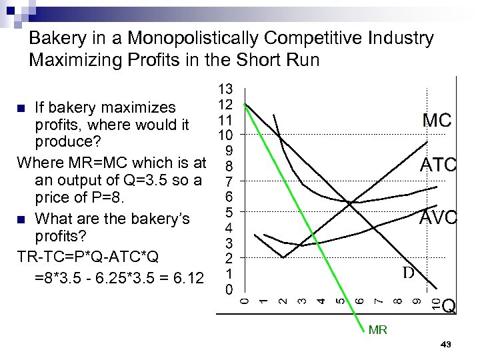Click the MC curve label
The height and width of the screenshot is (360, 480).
pos(437,121)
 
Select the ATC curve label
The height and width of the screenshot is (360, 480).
pos(437,165)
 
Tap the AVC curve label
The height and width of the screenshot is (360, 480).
pos(437,217)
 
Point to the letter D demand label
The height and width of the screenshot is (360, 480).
pos(408,273)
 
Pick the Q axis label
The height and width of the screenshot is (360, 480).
pos(449,305)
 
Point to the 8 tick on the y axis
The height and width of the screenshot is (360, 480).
pos(228,166)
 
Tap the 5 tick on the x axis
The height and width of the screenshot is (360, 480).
pos(341,302)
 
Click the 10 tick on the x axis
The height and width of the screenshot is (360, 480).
pos(435,304)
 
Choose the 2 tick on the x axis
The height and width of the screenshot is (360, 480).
pos(283,302)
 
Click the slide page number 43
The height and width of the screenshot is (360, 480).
pos(447,344)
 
